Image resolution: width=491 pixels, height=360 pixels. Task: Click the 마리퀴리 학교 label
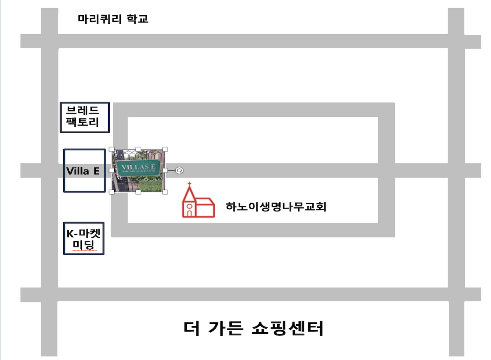point(113,19)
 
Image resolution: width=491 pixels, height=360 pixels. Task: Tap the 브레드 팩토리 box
point(85,117)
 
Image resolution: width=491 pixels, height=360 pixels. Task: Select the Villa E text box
point(84,171)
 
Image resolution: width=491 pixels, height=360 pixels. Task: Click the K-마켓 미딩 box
point(84,238)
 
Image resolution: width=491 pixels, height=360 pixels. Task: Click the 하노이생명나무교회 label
point(276,207)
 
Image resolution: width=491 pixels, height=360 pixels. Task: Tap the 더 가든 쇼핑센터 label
point(253,329)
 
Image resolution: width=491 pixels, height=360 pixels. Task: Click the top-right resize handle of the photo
point(165,149)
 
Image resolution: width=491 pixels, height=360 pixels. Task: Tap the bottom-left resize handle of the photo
point(112,192)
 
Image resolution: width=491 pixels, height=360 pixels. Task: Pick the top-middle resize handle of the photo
point(138,149)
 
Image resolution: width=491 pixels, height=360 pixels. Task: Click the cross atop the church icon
point(189,185)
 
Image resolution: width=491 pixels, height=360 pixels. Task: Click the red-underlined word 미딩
point(84,244)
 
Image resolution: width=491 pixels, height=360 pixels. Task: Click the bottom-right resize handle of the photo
point(165,192)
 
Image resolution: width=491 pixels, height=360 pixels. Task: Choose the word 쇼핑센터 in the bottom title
point(287,329)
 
